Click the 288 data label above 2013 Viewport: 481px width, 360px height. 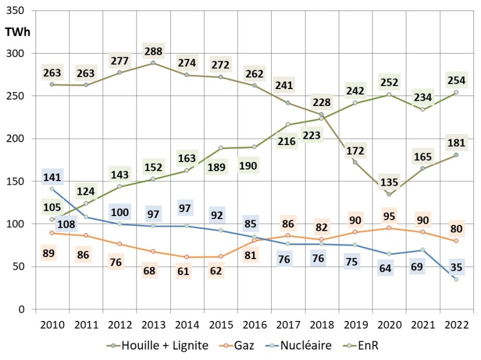coord(154,50)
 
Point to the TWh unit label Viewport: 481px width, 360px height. coord(17,32)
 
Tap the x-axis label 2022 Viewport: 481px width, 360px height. coord(456,325)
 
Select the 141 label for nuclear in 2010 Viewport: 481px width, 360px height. coord(52,177)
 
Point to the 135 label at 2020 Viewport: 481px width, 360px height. coord(390,182)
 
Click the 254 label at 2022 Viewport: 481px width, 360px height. coord(456,80)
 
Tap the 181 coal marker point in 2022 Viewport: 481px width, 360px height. coord(456,154)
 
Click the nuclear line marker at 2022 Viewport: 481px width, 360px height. coord(456,279)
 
